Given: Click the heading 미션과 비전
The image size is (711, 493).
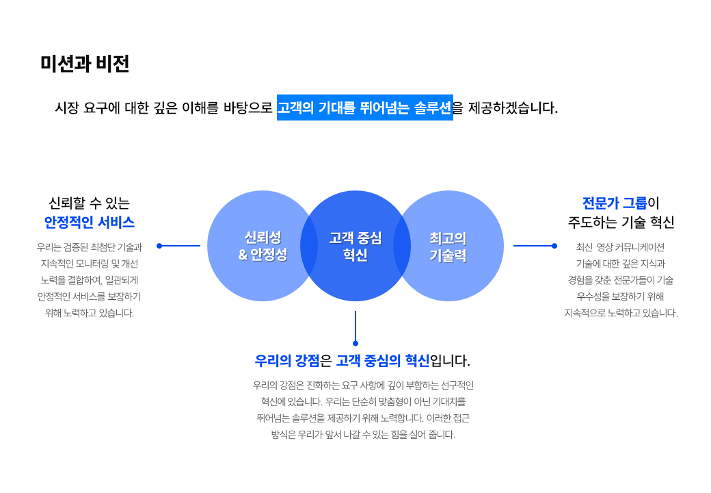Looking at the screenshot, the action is [85, 63].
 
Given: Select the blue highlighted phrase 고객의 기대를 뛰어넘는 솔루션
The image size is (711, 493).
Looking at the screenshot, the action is [364, 108].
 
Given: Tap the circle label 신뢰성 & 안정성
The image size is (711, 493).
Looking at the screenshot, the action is [263, 246].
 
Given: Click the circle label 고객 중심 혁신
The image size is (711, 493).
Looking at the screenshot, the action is [355, 246].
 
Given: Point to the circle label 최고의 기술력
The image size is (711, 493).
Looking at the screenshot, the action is [448, 246].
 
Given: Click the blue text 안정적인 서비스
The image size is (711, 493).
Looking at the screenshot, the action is [90, 222].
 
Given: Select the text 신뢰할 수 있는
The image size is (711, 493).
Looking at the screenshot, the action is [90, 203].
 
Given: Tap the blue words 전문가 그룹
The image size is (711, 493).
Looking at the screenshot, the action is [615, 203].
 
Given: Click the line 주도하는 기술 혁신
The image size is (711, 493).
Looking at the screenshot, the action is [621, 222].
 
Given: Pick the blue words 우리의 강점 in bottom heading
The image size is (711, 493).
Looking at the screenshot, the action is [287, 360].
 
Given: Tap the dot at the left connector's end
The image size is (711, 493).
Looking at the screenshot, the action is [159, 246].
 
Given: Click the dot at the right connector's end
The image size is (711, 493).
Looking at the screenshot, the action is [554, 246].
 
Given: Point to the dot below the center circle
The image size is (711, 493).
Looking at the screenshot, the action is [355, 343].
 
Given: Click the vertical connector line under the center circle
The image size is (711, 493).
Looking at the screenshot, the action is [355, 326].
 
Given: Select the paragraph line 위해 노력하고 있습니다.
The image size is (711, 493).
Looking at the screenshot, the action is [90, 313].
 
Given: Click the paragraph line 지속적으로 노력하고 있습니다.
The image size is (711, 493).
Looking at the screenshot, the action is [621, 313].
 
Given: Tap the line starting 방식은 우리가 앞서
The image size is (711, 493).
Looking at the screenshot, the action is [363, 434].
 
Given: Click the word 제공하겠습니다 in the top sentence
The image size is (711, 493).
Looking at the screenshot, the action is [512, 108].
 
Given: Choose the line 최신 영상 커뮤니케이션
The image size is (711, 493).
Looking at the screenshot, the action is [620, 247].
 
